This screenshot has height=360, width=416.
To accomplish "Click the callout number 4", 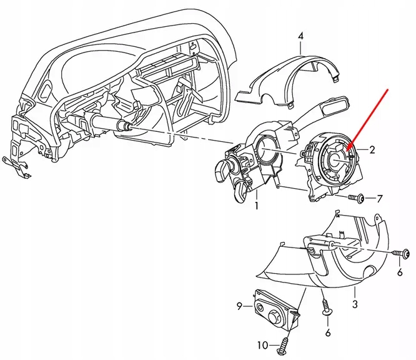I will [300, 37].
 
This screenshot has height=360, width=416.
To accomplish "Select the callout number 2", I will [372, 149].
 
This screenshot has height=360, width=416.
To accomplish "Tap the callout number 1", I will [256, 204].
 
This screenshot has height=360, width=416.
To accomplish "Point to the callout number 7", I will [379, 199].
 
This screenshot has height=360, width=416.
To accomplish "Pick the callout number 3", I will [355, 304].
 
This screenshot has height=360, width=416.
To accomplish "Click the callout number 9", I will [239, 306].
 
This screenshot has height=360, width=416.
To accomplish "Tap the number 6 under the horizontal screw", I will [400, 273].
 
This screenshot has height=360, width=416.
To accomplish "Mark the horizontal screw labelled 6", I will [402, 253].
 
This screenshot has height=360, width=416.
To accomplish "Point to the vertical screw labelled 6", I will [325, 309].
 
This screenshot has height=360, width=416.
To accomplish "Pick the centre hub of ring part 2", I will [335, 159].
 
